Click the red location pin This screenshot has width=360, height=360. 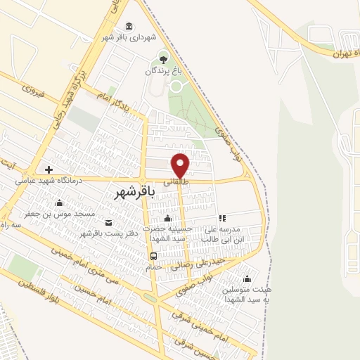point(181,165)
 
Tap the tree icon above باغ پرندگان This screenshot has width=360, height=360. point(164,58)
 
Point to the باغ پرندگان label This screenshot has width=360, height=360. point(163,71)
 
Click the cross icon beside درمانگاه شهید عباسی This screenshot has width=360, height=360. point(48,169)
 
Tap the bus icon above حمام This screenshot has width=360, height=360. point(153,256)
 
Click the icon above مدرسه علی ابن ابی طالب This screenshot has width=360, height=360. point(222,218)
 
